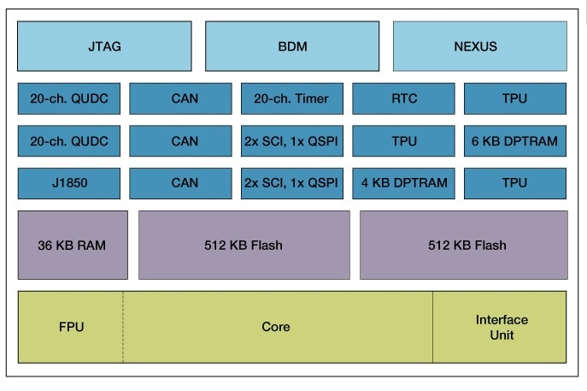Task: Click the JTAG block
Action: pos(104,46)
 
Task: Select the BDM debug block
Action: pos(292,46)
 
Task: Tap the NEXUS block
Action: pos(479,46)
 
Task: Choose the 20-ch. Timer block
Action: pos(291,98)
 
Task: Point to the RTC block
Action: pos(403,98)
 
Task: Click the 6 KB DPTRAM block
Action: pos(515,140)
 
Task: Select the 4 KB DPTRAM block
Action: pos(403,182)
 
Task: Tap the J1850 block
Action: pos(69,182)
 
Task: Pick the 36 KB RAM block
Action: pos(73,245)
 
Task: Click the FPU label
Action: pos(71,327)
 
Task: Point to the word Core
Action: pos(276,327)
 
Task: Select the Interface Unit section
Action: pos(501,327)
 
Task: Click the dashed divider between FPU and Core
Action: pos(123,342)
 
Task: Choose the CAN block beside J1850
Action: pos(180,182)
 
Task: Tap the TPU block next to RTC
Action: pos(515,98)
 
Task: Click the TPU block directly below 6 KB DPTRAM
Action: pos(515,182)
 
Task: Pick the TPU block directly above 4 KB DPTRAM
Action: pos(403,140)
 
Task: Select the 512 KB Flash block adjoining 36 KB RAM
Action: pos(244,245)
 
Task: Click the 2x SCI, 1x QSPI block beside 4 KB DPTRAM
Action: pos(291,182)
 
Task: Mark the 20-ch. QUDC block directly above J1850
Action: pos(69,140)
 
